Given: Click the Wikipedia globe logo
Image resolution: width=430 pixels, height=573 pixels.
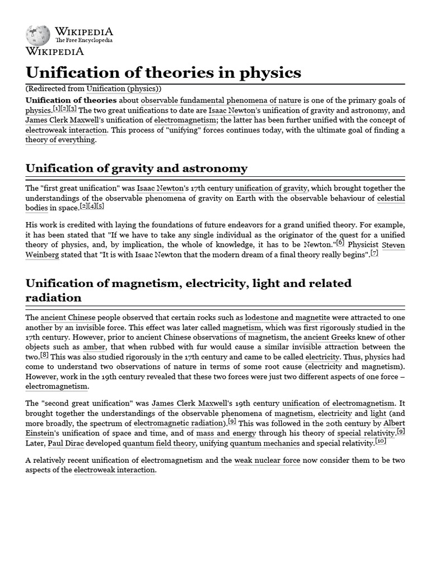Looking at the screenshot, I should pyautogui.click(x=38, y=35).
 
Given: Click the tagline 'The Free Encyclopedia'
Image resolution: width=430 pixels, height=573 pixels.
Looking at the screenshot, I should pyautogui.click(x=83, y=40).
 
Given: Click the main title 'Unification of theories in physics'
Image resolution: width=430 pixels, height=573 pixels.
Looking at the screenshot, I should pyautogui.click(x=163, y=73).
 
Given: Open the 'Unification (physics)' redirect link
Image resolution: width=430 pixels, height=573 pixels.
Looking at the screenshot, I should pyautogui.click(x=123, y=88).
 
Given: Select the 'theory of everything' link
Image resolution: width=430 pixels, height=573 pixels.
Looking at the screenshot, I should pyautogui.click(x=60, y=140).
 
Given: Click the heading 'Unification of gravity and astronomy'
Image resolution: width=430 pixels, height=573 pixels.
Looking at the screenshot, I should pyautogui.click(x=136, y=168).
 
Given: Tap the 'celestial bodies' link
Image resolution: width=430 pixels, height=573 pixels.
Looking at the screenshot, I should pyautogui.click(x=391, y=198).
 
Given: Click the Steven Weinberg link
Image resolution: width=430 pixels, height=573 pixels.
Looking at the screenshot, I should pyautogui.click(x=393, y=245).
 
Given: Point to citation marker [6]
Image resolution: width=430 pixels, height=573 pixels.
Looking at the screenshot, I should pyautogui.click(x=340, y=243).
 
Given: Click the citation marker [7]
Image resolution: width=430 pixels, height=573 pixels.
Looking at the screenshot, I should pyautogui.click(x=375, y=253).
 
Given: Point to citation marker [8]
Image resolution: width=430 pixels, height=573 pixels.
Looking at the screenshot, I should pyautogui.click(x=45, y=355).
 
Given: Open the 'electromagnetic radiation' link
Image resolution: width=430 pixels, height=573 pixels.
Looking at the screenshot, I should pyautogui.click(x=179, y=423).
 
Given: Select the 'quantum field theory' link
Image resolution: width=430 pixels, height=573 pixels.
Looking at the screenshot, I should pyautogui.click(x=159, y=443).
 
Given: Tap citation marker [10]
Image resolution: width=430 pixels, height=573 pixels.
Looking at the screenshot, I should pyautogui.click(x=381, y=441).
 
